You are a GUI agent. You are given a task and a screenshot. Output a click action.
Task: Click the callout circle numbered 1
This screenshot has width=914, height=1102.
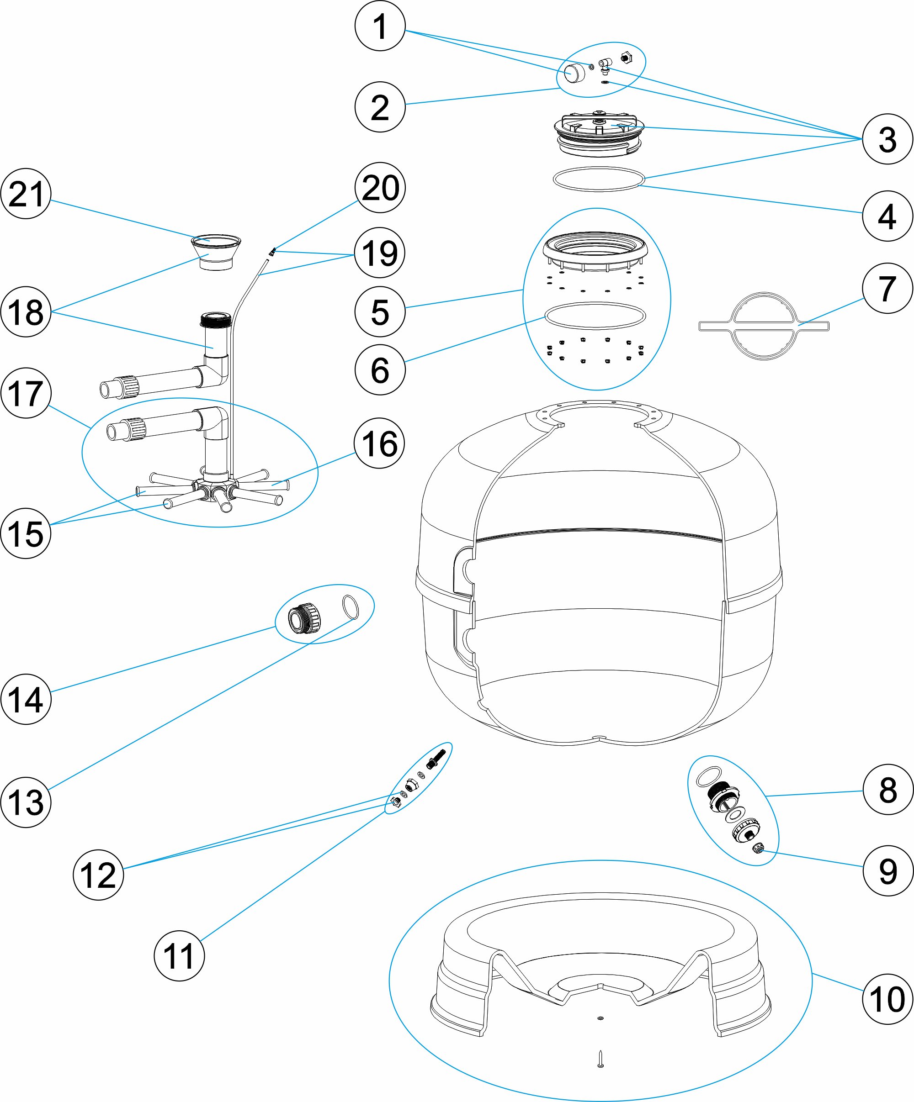[x=380, y=26]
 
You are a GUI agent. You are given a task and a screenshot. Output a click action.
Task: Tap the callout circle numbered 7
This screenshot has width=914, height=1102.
[x=887, y=288]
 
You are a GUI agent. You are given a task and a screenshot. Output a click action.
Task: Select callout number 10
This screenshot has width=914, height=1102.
[x=887, y=999]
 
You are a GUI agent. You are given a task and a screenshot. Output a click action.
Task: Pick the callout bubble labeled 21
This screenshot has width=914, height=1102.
[x=26, y=193]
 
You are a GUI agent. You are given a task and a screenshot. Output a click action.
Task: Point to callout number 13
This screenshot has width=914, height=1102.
[x=26, y=802]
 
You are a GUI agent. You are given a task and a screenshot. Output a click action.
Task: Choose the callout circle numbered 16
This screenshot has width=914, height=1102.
[x=379, y=443]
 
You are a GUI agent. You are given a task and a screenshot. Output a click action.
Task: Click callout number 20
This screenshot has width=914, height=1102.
[x=380, y=187]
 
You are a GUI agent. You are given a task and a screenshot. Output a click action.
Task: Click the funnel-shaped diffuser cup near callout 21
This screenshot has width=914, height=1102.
[x=216, y=253]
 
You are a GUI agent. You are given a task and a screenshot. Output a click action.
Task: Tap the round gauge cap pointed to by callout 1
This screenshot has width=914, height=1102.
[x=574, y=73]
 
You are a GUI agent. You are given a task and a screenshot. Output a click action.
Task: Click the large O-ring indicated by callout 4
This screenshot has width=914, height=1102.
[x=598, y=179]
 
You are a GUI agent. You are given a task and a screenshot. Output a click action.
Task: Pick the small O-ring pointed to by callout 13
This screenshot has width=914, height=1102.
[x=351, y=606]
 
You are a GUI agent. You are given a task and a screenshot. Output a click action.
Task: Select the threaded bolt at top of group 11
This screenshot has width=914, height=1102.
[x=436, y=759]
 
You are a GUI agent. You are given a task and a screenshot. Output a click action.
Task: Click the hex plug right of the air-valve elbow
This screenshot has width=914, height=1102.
[x=626, y=57]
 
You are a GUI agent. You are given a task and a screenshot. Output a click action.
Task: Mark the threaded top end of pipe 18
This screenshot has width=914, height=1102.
[x=216, y=318]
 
